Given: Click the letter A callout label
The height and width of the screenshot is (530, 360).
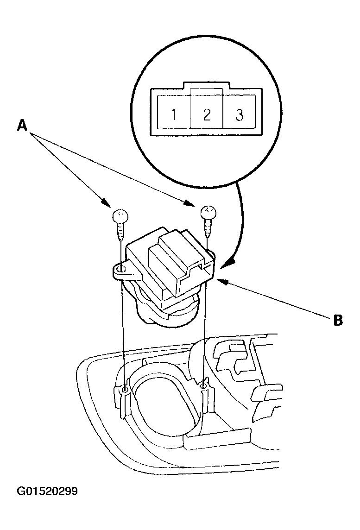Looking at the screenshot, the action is (22, 126).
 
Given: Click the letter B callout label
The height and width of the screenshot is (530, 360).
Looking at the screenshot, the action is (338, 320).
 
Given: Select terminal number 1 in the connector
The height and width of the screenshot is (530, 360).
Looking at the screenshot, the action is (174, 114).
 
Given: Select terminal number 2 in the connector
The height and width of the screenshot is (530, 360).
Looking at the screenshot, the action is (207, 114).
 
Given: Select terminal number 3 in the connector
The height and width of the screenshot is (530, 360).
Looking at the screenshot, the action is (240, 114).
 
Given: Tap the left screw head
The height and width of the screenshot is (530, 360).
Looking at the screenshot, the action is (120, 215).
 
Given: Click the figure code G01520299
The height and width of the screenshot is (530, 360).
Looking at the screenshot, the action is (47, 491).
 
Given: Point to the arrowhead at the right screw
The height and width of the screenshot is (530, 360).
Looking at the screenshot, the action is (190, 203).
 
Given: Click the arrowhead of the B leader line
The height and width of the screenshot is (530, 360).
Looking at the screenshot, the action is (219, 280).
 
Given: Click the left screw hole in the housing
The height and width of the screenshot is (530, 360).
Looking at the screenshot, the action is (125, 391).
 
